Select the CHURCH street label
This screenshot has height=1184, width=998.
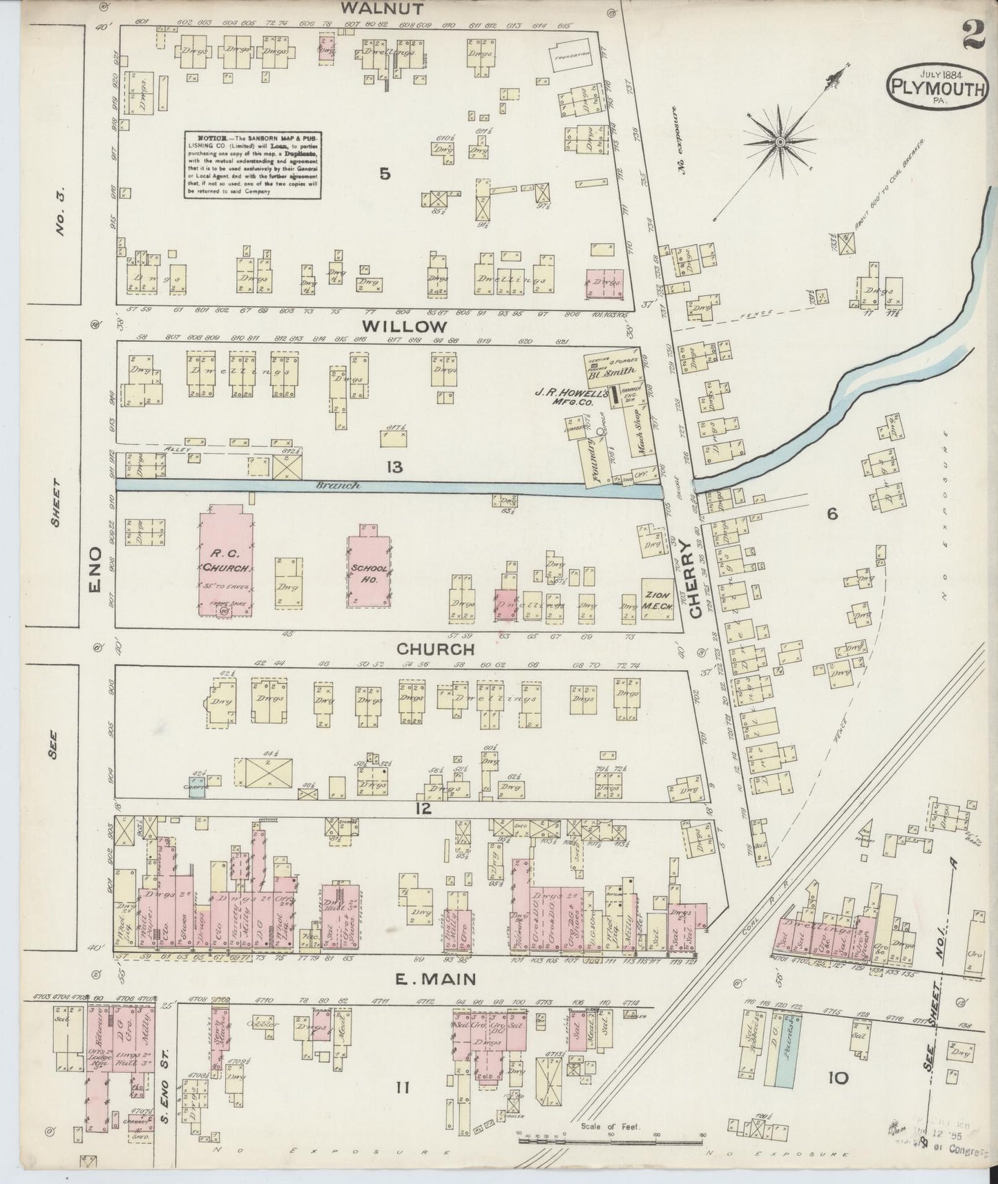pos(435,649)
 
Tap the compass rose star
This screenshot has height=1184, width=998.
pos(780,142)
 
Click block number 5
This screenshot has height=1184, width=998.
pos(385,174)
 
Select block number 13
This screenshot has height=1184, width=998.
pos(394,468)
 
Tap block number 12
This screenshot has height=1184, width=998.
pos(423,808)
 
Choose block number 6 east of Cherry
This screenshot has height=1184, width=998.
pos(832,513)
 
